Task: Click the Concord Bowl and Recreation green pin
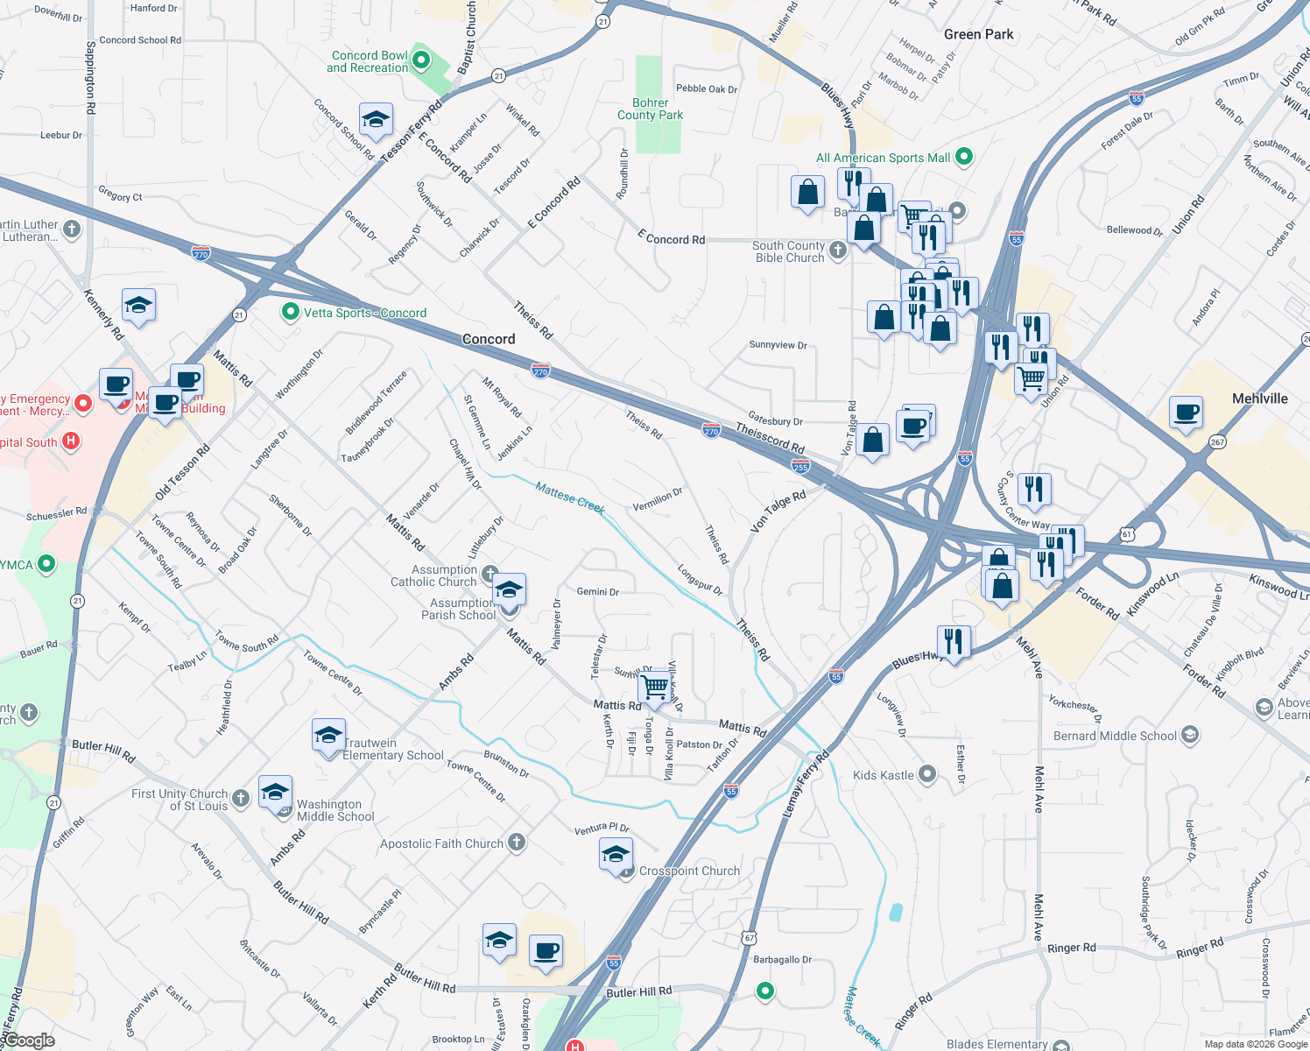pos(421,60)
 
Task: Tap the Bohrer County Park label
pos(650,109)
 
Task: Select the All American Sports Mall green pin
pos(964,157)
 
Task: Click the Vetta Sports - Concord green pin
pos(291,312)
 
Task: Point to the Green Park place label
pos(978,34)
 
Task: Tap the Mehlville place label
pos(1259,399)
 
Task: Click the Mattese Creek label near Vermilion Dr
pos(570,497)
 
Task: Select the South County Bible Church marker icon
pos(838,250)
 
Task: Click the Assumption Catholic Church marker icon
pos(490,575)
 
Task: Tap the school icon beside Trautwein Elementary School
pos(328,737)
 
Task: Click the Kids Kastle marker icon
pos(927,774)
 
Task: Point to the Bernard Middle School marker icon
pos(1189,735)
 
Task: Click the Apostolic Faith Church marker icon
pos(517,843)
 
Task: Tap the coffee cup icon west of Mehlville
pos(1187,413)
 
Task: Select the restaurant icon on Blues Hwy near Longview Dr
pos(954,642)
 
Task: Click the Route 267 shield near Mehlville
pos(1216,441)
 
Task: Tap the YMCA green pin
pos(46,564)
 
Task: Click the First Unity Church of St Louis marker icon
pos(241,798)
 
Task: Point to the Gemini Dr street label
pos(597,592)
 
